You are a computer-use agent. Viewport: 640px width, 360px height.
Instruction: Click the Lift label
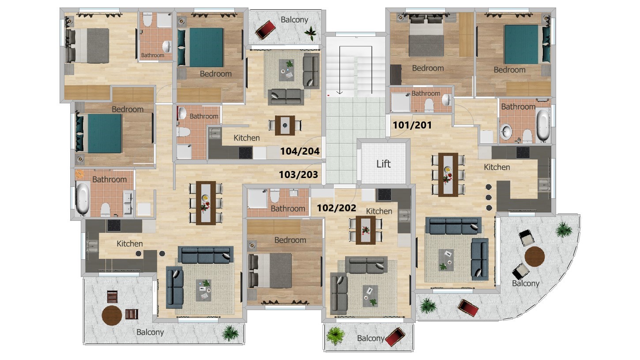(383, 164)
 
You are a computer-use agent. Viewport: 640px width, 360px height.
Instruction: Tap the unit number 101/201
(412, 125)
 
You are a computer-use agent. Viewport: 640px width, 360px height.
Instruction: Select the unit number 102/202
(337, 208)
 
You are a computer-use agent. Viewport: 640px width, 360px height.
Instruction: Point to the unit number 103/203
(298, 174)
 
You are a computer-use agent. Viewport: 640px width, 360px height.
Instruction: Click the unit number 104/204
(300, 152)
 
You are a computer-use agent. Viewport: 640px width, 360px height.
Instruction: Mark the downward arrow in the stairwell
(339, 92)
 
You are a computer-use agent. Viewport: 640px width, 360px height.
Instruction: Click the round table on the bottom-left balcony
(112, 315)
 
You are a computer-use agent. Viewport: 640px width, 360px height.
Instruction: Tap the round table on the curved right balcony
(535, 255)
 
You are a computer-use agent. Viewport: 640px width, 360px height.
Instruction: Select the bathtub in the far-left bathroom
(83, 198)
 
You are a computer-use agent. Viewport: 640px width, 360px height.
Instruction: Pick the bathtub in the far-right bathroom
(542, 125)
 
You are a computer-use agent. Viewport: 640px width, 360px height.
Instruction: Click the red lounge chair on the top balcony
(265, 30)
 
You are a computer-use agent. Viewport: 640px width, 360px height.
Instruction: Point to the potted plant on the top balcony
(311, 32)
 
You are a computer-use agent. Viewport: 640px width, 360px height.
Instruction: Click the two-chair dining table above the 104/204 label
(285, 125)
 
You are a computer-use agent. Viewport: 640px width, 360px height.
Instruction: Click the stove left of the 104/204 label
(245, 153)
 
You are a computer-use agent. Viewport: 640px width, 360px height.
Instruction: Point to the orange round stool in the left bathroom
(79, 174)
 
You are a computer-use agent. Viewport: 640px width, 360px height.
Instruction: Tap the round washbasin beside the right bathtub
(506, 131)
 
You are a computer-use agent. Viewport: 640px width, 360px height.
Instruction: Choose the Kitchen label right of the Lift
(497, 167)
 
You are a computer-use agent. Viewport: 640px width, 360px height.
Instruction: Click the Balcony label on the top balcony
(294, 20)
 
